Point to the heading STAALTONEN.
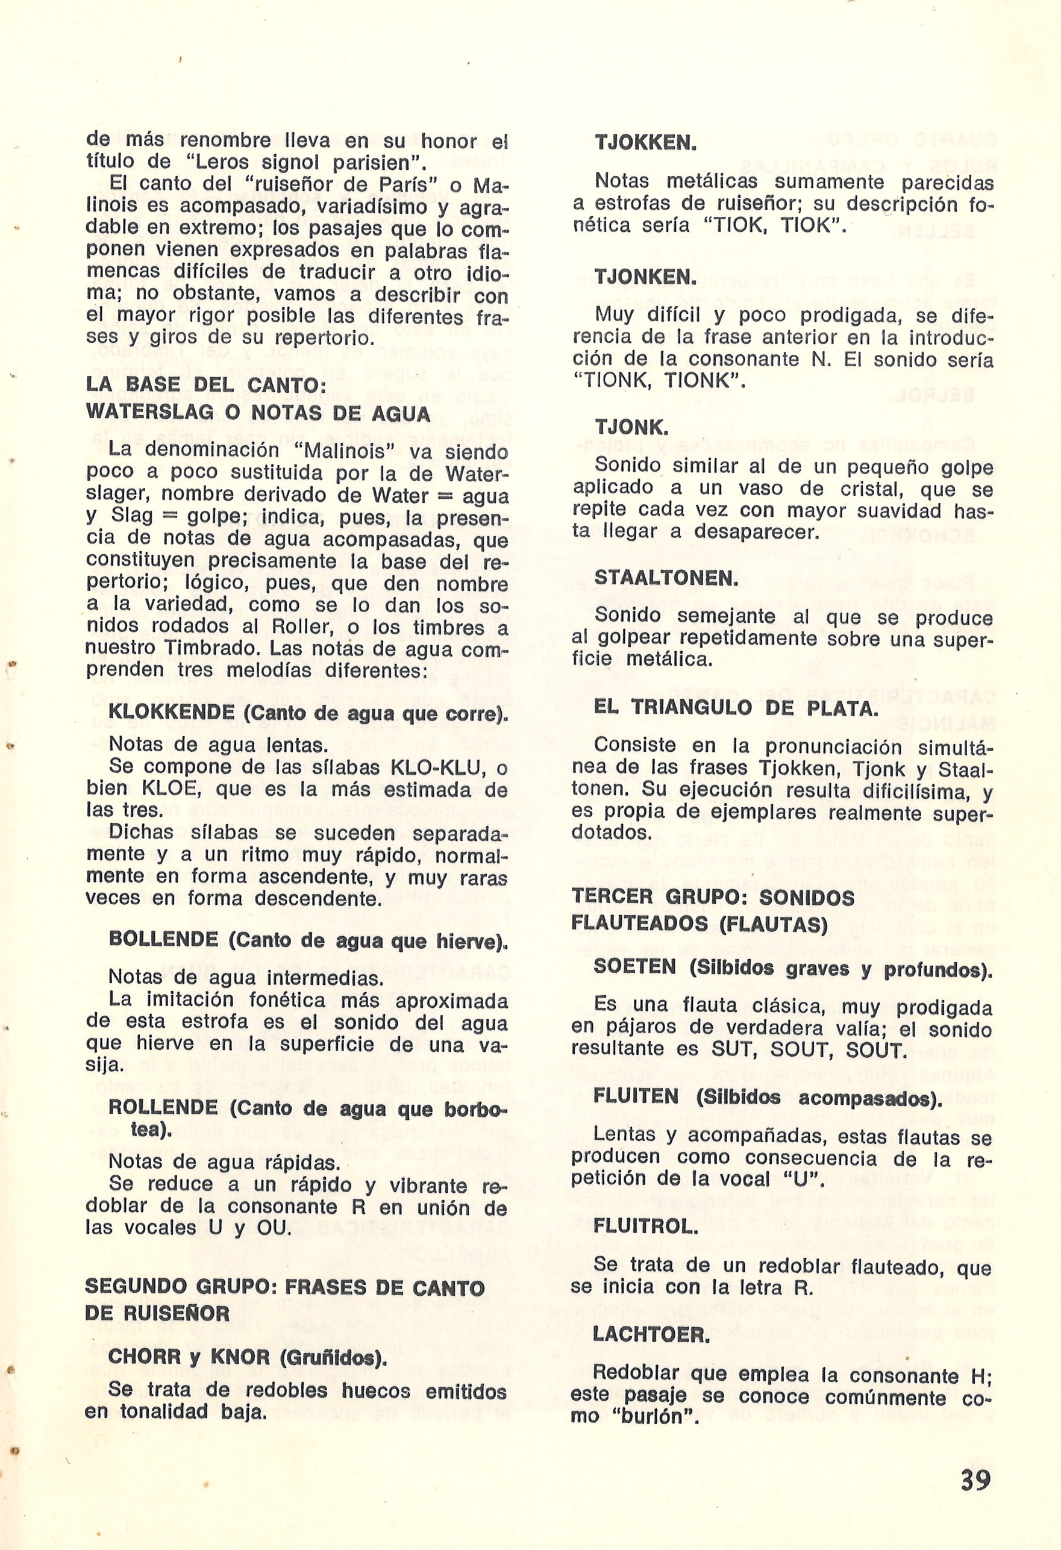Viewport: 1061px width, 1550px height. click(x=666, y=578)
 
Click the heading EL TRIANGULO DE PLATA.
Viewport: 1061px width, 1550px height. click(x=736, y=708)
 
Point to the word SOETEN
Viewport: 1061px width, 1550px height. click(x=636, y=967)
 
